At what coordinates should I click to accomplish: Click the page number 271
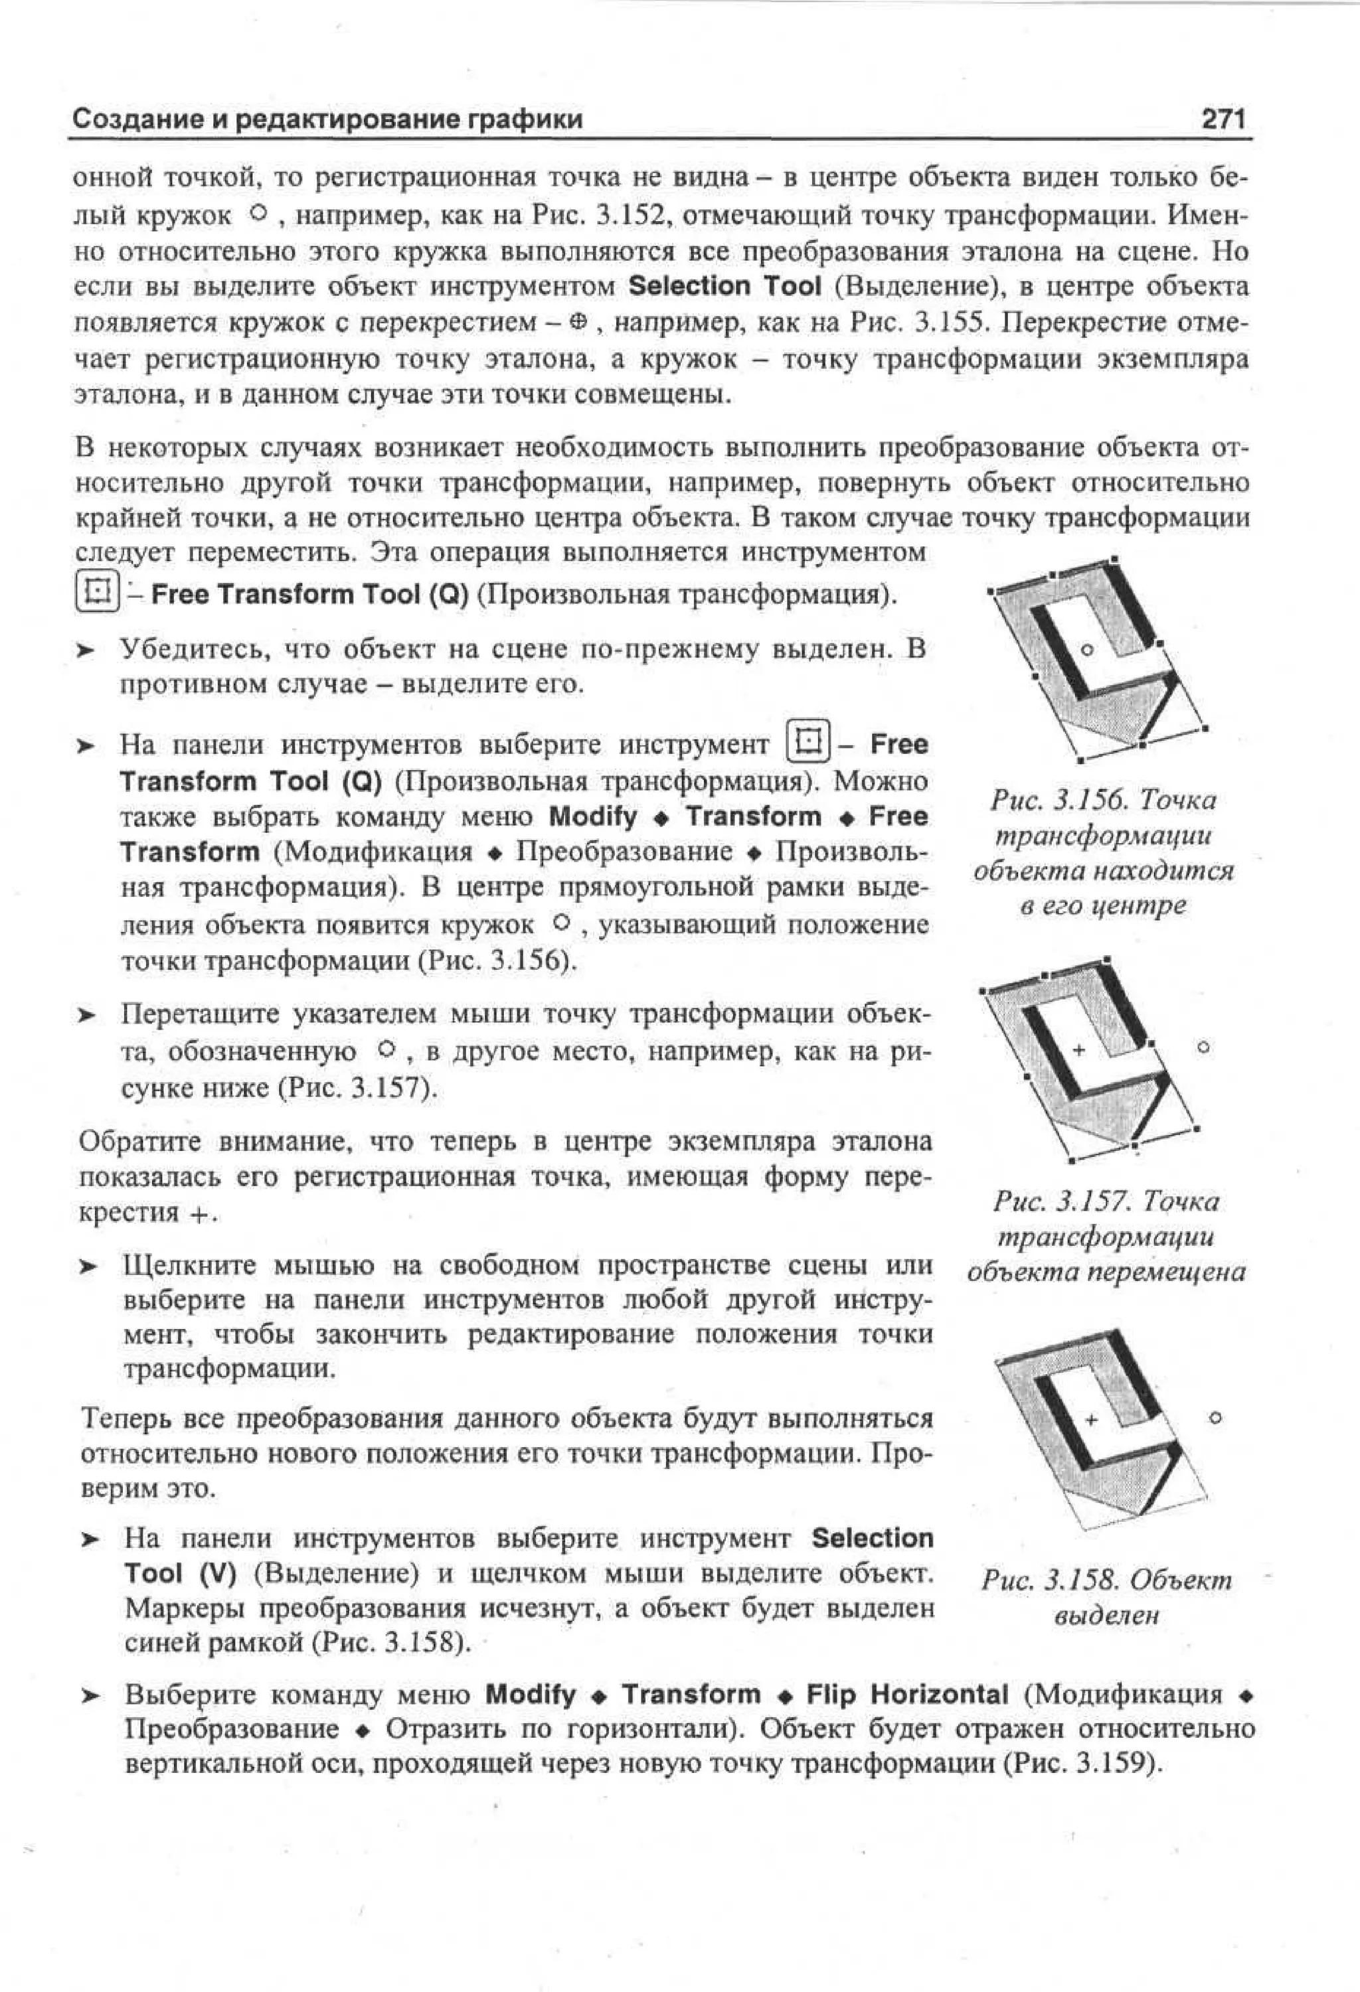1224,118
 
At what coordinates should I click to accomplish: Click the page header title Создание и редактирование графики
327,119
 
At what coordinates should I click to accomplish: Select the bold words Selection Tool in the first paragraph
725,286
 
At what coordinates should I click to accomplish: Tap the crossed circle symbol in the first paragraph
578,323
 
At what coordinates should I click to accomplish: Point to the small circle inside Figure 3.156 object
1086,650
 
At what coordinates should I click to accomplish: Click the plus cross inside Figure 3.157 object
1078,1050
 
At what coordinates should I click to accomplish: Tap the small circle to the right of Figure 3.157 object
1204,1047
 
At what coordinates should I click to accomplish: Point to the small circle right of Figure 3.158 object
1215,1418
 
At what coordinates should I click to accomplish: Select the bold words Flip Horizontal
907,1695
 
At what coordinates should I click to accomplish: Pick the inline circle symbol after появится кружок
562,924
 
